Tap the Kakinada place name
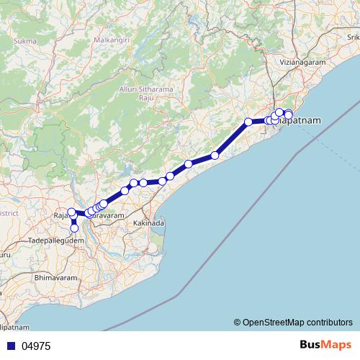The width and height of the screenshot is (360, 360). [x=149, y=224]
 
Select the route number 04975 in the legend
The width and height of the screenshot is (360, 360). [x=36, y=346]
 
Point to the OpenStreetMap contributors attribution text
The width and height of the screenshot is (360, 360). [x=293, y=322]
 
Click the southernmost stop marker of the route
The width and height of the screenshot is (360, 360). [x=74, y=228]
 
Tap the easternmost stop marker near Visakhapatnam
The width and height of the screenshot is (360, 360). [x=289, y=115]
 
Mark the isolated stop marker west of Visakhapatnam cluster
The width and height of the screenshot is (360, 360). [x=248, y=122]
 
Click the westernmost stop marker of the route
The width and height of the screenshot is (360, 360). [x=71, y=212]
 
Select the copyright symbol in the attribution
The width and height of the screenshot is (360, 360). [x=238, y=322]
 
